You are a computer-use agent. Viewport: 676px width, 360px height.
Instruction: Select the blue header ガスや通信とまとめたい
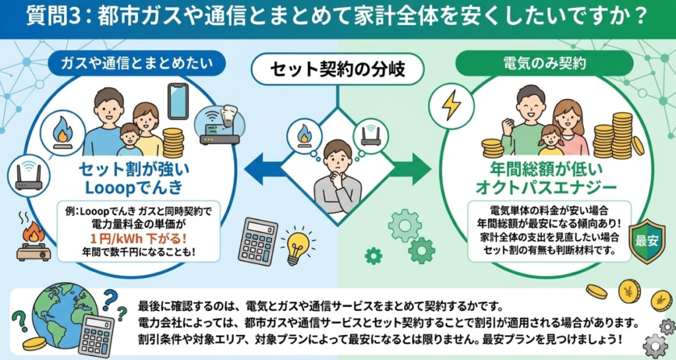137,63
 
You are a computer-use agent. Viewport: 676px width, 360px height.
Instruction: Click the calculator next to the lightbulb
257,240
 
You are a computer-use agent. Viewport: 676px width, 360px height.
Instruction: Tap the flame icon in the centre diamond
304,135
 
